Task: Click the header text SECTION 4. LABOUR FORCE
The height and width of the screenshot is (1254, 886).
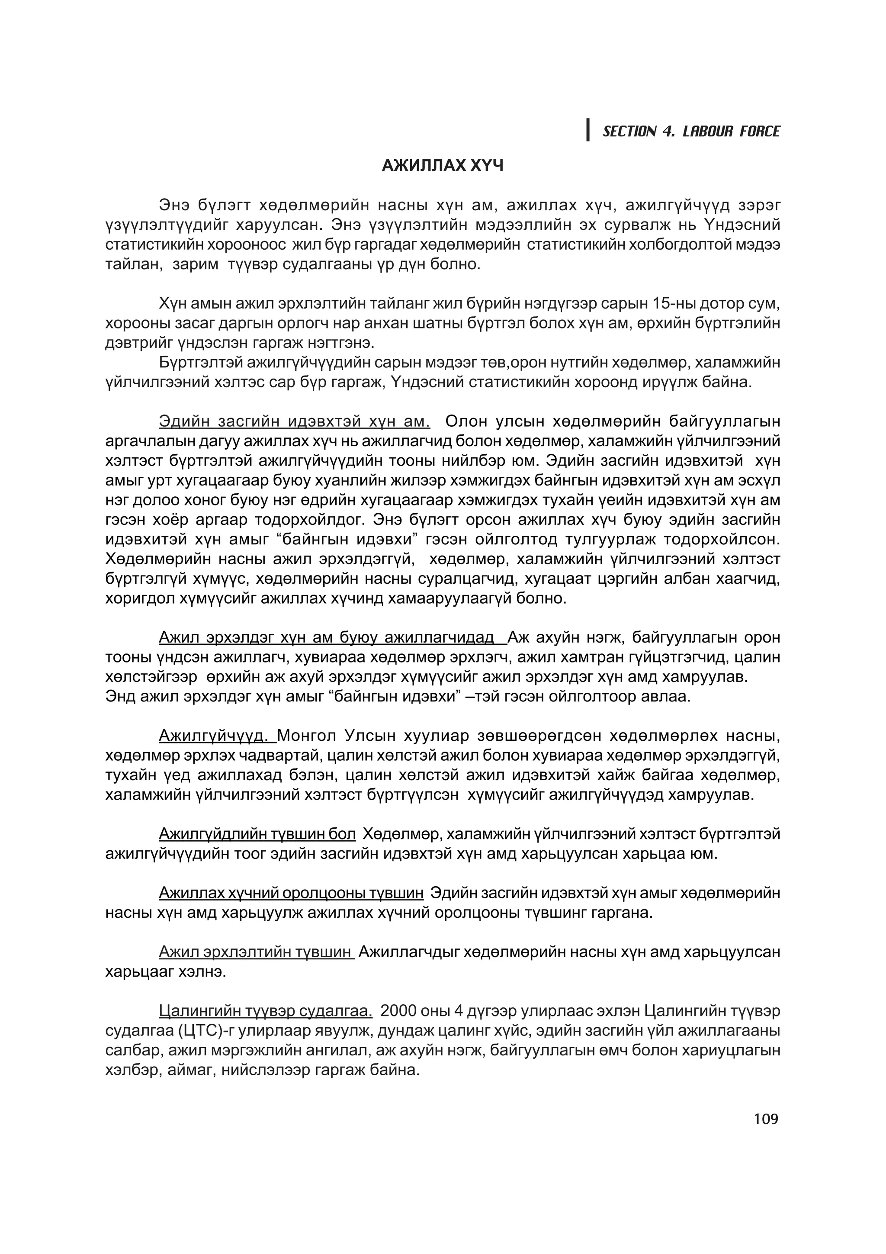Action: pyautogui.click(x=691, y=131)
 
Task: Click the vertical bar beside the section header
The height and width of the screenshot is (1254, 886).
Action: pyautogui.click(x=588, y=130)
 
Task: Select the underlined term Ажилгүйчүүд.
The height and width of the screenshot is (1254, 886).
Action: pyautogui.click(x=217, y=736)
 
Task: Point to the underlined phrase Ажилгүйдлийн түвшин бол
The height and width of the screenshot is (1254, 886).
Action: pyautogui.click(x=257, y=834)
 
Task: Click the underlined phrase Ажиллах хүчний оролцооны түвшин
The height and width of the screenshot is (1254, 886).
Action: pyautogui.click(x=291, y=893)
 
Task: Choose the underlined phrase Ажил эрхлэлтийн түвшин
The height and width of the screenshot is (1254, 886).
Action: pyautogui.click(x=256, y=952)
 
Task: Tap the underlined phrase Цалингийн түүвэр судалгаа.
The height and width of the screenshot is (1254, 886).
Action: pyautogui.click(x=265, y=1011)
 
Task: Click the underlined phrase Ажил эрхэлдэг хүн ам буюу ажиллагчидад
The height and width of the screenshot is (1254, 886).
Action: pyautogui.click(x=332, y=637)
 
